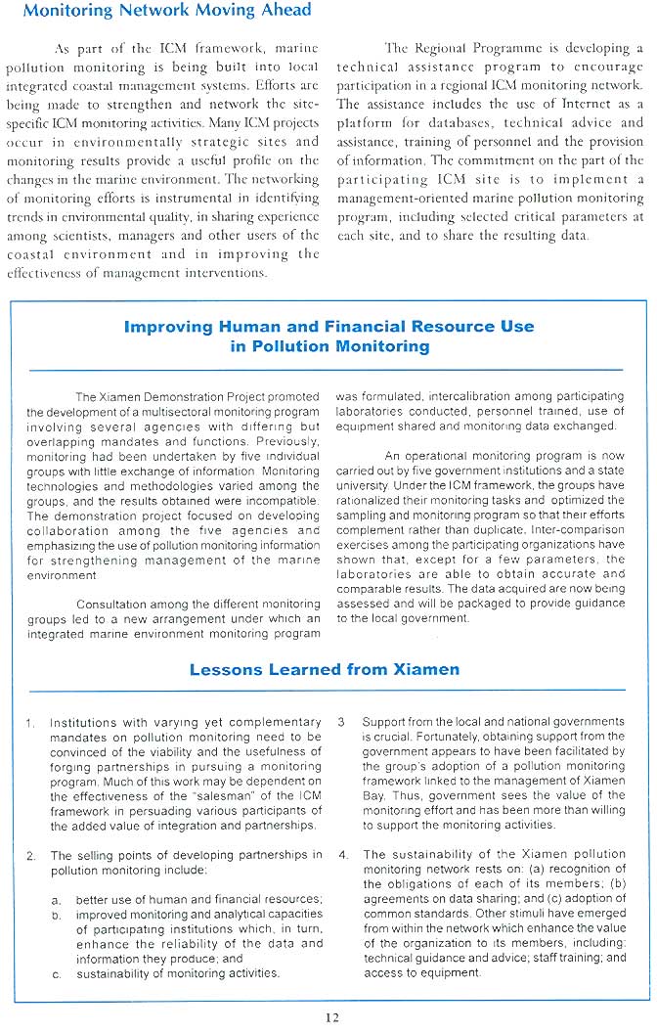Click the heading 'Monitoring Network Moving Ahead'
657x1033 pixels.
pos(166,11)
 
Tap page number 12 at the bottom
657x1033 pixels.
pos(331,1017)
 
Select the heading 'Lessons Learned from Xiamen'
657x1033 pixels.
pos(325,669)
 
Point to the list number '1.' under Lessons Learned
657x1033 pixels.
pos(30,723)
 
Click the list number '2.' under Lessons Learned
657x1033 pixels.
pos(30,856)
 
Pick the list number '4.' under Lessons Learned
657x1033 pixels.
pos(342,856)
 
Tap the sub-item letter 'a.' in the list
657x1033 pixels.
pos(57,900)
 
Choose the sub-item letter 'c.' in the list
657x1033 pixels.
pos(57,973)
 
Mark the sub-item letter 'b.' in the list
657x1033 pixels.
pos(57,915)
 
